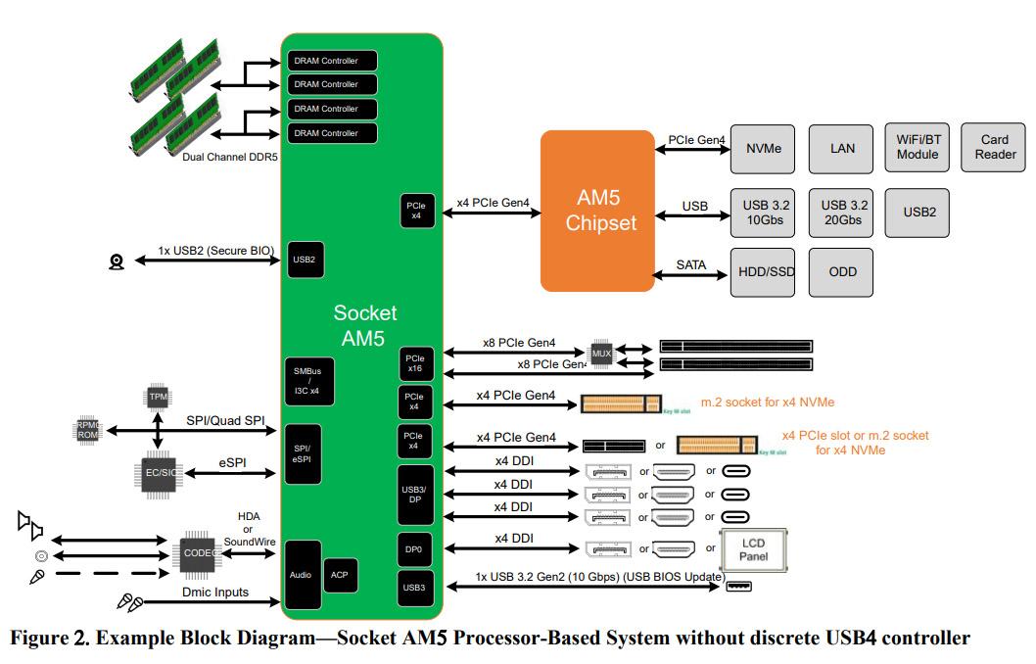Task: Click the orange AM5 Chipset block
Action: coord(597,210)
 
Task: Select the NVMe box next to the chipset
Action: coord(763,148)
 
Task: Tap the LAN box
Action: coord(842,148)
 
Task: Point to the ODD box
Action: coord(842,271)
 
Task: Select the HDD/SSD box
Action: coord(763,271)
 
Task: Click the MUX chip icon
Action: coord(601,352)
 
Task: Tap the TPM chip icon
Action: coord(157,396)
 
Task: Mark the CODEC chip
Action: coord(199,552)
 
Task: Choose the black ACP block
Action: coord(339,575)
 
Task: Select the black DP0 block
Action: coord(413,549)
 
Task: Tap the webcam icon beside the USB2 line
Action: coord(117,261)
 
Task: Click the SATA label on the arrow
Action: coord(690,265)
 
